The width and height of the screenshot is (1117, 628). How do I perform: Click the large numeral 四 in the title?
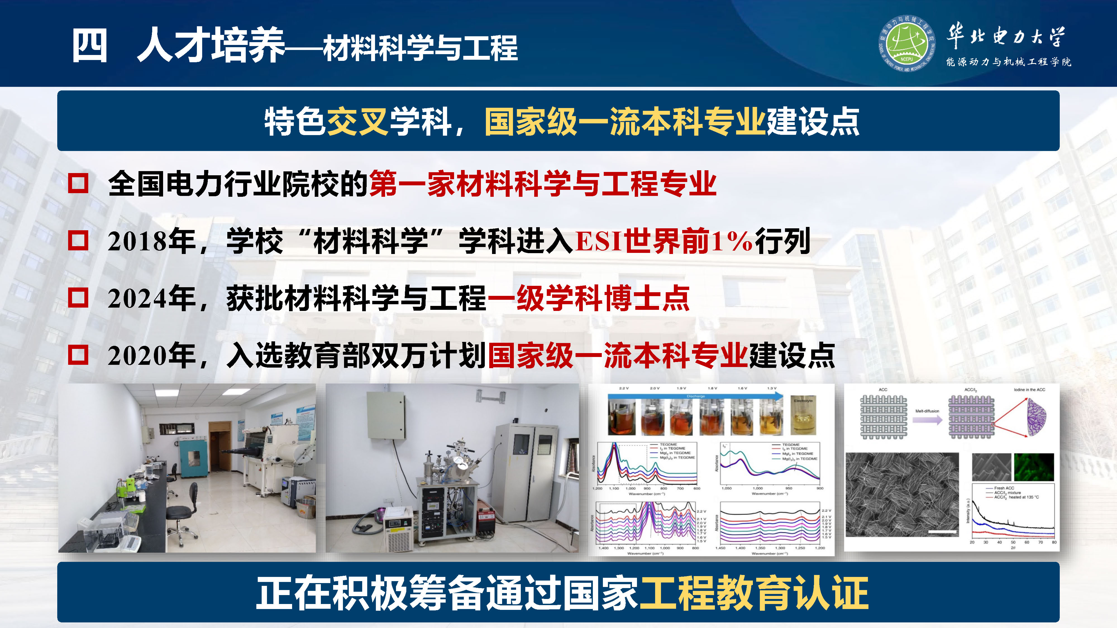tap(89, 45)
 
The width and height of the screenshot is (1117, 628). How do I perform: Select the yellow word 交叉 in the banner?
tap(357, 122)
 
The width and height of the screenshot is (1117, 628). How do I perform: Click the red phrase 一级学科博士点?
tap(588, 299)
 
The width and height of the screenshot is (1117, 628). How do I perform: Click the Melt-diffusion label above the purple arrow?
tap(927, 411)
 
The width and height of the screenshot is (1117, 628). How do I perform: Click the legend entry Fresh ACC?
tap(1004, 488)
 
